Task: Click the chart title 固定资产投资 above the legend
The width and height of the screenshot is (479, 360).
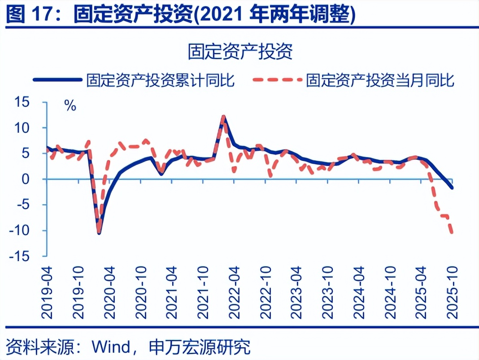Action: click(x=240, y=52)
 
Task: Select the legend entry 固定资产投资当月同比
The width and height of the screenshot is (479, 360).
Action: click(x=380, y=80)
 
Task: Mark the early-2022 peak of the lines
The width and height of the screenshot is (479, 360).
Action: click(x=223, y=117)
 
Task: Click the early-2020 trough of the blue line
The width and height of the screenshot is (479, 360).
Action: click(x=99, y=233)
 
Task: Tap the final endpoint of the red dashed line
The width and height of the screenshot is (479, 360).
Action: click(x=452, y=233)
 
